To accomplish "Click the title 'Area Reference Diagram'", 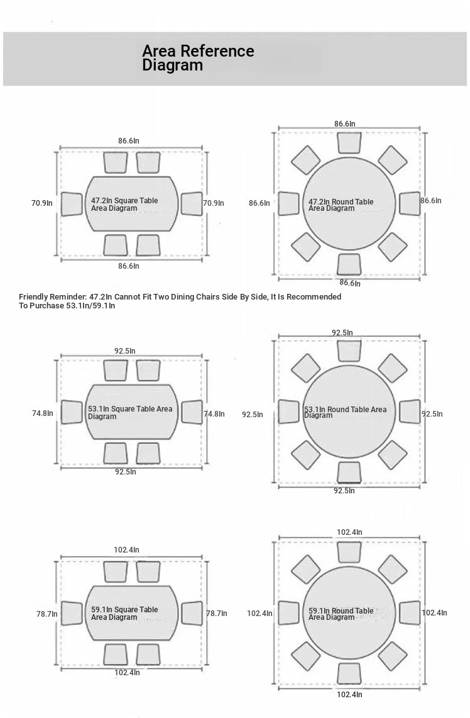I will (x=198, y=58).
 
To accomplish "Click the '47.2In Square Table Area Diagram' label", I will (x=124, y=204).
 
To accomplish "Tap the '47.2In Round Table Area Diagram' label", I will (x=341, y=205).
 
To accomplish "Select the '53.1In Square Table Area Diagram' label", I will (x=129, y=412).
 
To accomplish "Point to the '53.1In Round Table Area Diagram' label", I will (x=345, y=412).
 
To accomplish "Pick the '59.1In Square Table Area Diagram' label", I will (x=124, y=613).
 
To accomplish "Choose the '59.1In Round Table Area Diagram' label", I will (x=341, y=614).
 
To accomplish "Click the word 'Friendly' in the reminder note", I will (x=34, y=296).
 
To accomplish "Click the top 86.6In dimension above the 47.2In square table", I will (x=129, y=140).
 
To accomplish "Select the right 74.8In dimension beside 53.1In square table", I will (x=214, y=414).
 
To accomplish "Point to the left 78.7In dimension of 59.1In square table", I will (x=46, y=614).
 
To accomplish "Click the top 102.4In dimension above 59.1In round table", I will (x=349, y=532).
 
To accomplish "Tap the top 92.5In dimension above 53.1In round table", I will (x=342, y=332).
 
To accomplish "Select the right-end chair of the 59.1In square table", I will (x=192, y=613).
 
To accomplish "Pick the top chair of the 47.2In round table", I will (x=349, y=142).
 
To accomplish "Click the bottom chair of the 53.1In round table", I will (x=349, y=472).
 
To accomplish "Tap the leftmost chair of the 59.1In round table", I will (x=288, y=613).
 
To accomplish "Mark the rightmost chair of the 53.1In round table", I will (x=409, y=412).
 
